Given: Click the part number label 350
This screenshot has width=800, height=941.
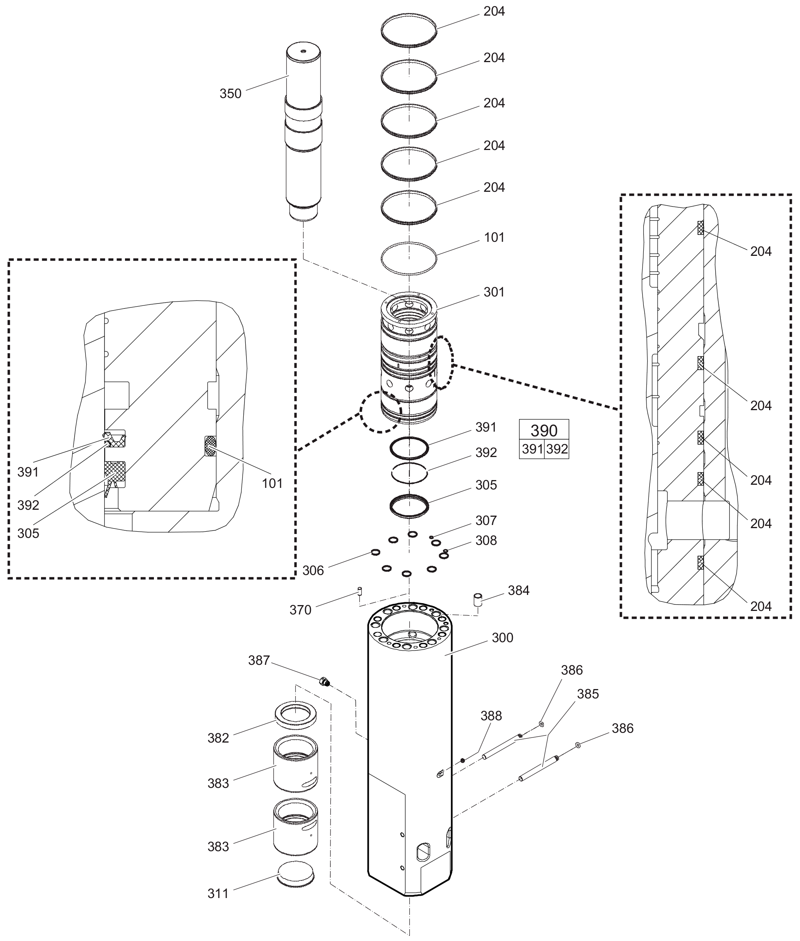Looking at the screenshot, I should click(230, 94).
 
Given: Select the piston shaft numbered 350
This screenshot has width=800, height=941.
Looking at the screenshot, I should click(304, 136).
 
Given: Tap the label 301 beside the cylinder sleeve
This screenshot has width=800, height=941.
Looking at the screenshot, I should click(494, 292).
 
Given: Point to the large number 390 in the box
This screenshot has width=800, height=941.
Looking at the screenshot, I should click(544, 430).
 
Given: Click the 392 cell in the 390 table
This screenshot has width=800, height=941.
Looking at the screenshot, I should click(557, 449).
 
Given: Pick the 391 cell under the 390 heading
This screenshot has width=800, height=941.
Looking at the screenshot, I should click(532, 449).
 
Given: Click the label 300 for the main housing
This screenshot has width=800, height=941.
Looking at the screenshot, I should click(502, 637).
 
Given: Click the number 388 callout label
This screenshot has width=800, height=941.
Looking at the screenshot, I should click(491, 716).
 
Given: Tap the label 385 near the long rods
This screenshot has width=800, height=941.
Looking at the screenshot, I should click(588, 694).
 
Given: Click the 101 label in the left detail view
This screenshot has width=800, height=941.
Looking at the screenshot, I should click(272, 484).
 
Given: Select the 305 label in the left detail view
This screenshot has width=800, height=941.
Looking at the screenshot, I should click(28, 533).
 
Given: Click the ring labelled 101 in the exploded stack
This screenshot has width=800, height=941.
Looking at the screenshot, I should click(409, 259).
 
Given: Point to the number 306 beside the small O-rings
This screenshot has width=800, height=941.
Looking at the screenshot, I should click(313, 570).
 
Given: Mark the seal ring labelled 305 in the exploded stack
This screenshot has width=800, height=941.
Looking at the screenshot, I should click(409, 505).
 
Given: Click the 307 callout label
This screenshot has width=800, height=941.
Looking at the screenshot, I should click(486, 521).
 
